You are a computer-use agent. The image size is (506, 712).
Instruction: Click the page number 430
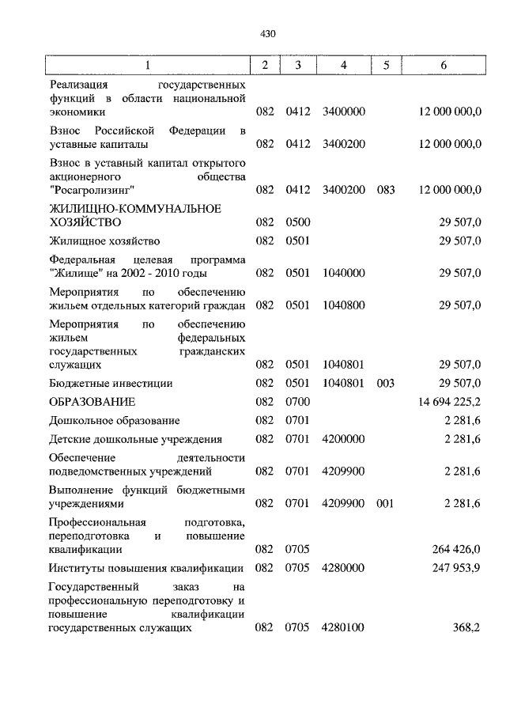[266, 33]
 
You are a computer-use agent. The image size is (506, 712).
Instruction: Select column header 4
[343, 66]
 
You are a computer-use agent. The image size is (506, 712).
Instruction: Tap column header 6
[444, 66]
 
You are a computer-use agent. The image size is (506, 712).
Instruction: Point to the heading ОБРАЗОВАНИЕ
[92, 402]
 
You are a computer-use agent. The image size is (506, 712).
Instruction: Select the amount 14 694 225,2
[445, 402]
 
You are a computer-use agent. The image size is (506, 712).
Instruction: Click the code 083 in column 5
[385, 191]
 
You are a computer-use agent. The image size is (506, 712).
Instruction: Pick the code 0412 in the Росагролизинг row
[298, 191]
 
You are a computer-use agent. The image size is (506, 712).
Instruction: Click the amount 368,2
[466, 627]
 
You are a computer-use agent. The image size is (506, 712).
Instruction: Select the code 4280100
[343, 627]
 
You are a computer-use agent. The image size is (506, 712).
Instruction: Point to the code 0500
[298, 223]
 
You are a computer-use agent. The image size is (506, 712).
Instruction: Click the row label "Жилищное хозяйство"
[104, 240]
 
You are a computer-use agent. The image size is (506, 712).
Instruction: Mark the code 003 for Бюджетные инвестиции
[385, 383]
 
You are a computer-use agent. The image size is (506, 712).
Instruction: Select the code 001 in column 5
[385, 503]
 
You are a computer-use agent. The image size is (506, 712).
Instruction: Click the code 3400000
[343, 112]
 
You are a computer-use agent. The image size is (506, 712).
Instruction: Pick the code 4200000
[343, 440]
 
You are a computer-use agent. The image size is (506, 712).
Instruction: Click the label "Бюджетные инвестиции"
[111, 383]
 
